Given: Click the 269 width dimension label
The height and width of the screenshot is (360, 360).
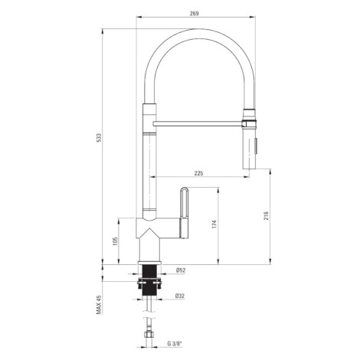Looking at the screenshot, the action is [194, 14].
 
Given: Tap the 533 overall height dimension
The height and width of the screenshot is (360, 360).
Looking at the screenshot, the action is [99, 138].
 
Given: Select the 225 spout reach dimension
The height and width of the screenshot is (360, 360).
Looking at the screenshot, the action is [198, 173].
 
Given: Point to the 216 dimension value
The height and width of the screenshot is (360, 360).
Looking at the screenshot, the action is [267, 216].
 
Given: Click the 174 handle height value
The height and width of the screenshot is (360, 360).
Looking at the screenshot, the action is [214, 224].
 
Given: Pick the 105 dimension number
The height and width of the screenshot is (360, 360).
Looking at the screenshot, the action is [115, 241].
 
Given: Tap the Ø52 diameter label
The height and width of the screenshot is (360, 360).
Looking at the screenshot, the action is [181, 270].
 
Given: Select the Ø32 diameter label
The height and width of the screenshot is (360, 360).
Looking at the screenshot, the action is [180, 296].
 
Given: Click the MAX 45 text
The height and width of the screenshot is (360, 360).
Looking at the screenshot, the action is [99, 305].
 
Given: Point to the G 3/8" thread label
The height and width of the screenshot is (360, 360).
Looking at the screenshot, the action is [175, 344].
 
